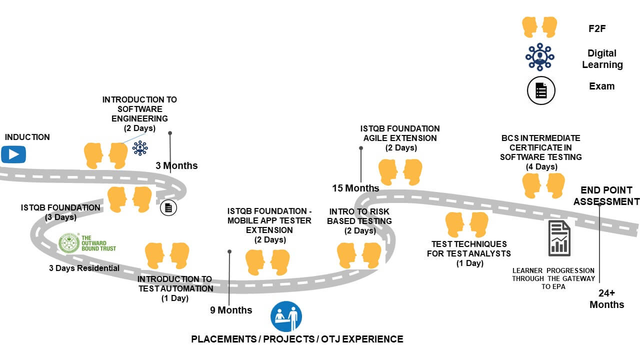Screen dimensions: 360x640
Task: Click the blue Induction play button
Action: pos(13,154)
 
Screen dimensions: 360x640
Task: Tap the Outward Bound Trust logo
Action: pos(87,243)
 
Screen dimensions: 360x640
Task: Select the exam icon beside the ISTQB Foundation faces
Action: pos(168,207)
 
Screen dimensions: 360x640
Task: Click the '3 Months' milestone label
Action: pos(176,165)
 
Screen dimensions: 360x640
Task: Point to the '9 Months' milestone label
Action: pos(231,310)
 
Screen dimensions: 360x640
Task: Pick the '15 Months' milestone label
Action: pos(355,188)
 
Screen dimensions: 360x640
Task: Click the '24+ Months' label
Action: pos(606,299)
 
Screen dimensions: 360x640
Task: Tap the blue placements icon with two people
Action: pos(286,316)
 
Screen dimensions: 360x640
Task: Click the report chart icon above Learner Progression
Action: pos(559,238)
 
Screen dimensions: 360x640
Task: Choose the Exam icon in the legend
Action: pos(541,90)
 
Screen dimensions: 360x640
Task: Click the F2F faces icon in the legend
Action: pos(539,26)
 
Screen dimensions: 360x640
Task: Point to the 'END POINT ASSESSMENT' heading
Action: pos(606,196)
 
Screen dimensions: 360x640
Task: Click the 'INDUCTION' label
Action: pos(27,137)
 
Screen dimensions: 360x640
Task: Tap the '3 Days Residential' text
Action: pos(84,268)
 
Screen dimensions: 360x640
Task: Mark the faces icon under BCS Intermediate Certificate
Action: pos(543,185)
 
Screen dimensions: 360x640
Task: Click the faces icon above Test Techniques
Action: pos(466,224)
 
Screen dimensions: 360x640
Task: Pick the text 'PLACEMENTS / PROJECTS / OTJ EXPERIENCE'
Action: pos(297,339)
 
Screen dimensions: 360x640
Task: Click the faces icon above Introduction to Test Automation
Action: pos(167,255)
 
